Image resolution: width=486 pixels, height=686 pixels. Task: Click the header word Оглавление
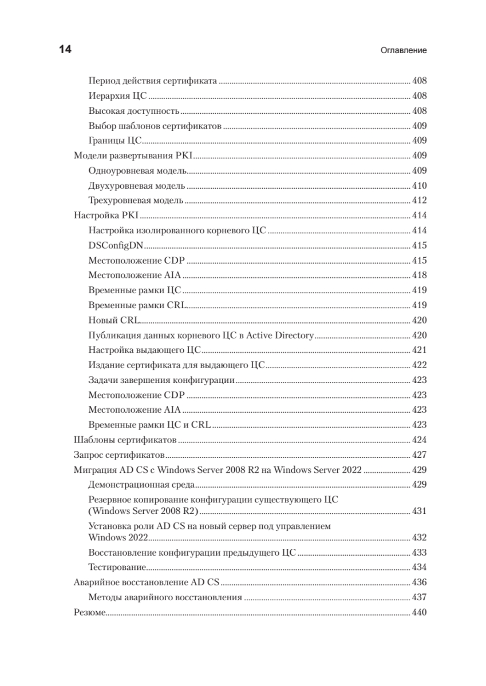click(404, 50)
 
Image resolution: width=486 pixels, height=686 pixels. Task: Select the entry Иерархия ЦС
click(118, 96)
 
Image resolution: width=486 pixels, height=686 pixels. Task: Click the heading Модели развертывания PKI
click(135, 155)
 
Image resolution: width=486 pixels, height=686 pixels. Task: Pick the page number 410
click(420, 186)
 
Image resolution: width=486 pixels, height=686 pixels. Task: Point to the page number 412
click(420, 201)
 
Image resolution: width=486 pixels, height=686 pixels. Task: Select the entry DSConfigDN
click(116, 245)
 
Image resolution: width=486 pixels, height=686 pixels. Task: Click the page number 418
click(420, 275)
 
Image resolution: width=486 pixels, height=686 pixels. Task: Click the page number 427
click(420, 455)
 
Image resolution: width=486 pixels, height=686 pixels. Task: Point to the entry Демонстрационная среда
click(142, 485)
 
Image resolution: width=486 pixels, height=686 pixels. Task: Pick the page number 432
click(420, 538)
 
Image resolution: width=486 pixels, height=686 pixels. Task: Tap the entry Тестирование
click(117, 568)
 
